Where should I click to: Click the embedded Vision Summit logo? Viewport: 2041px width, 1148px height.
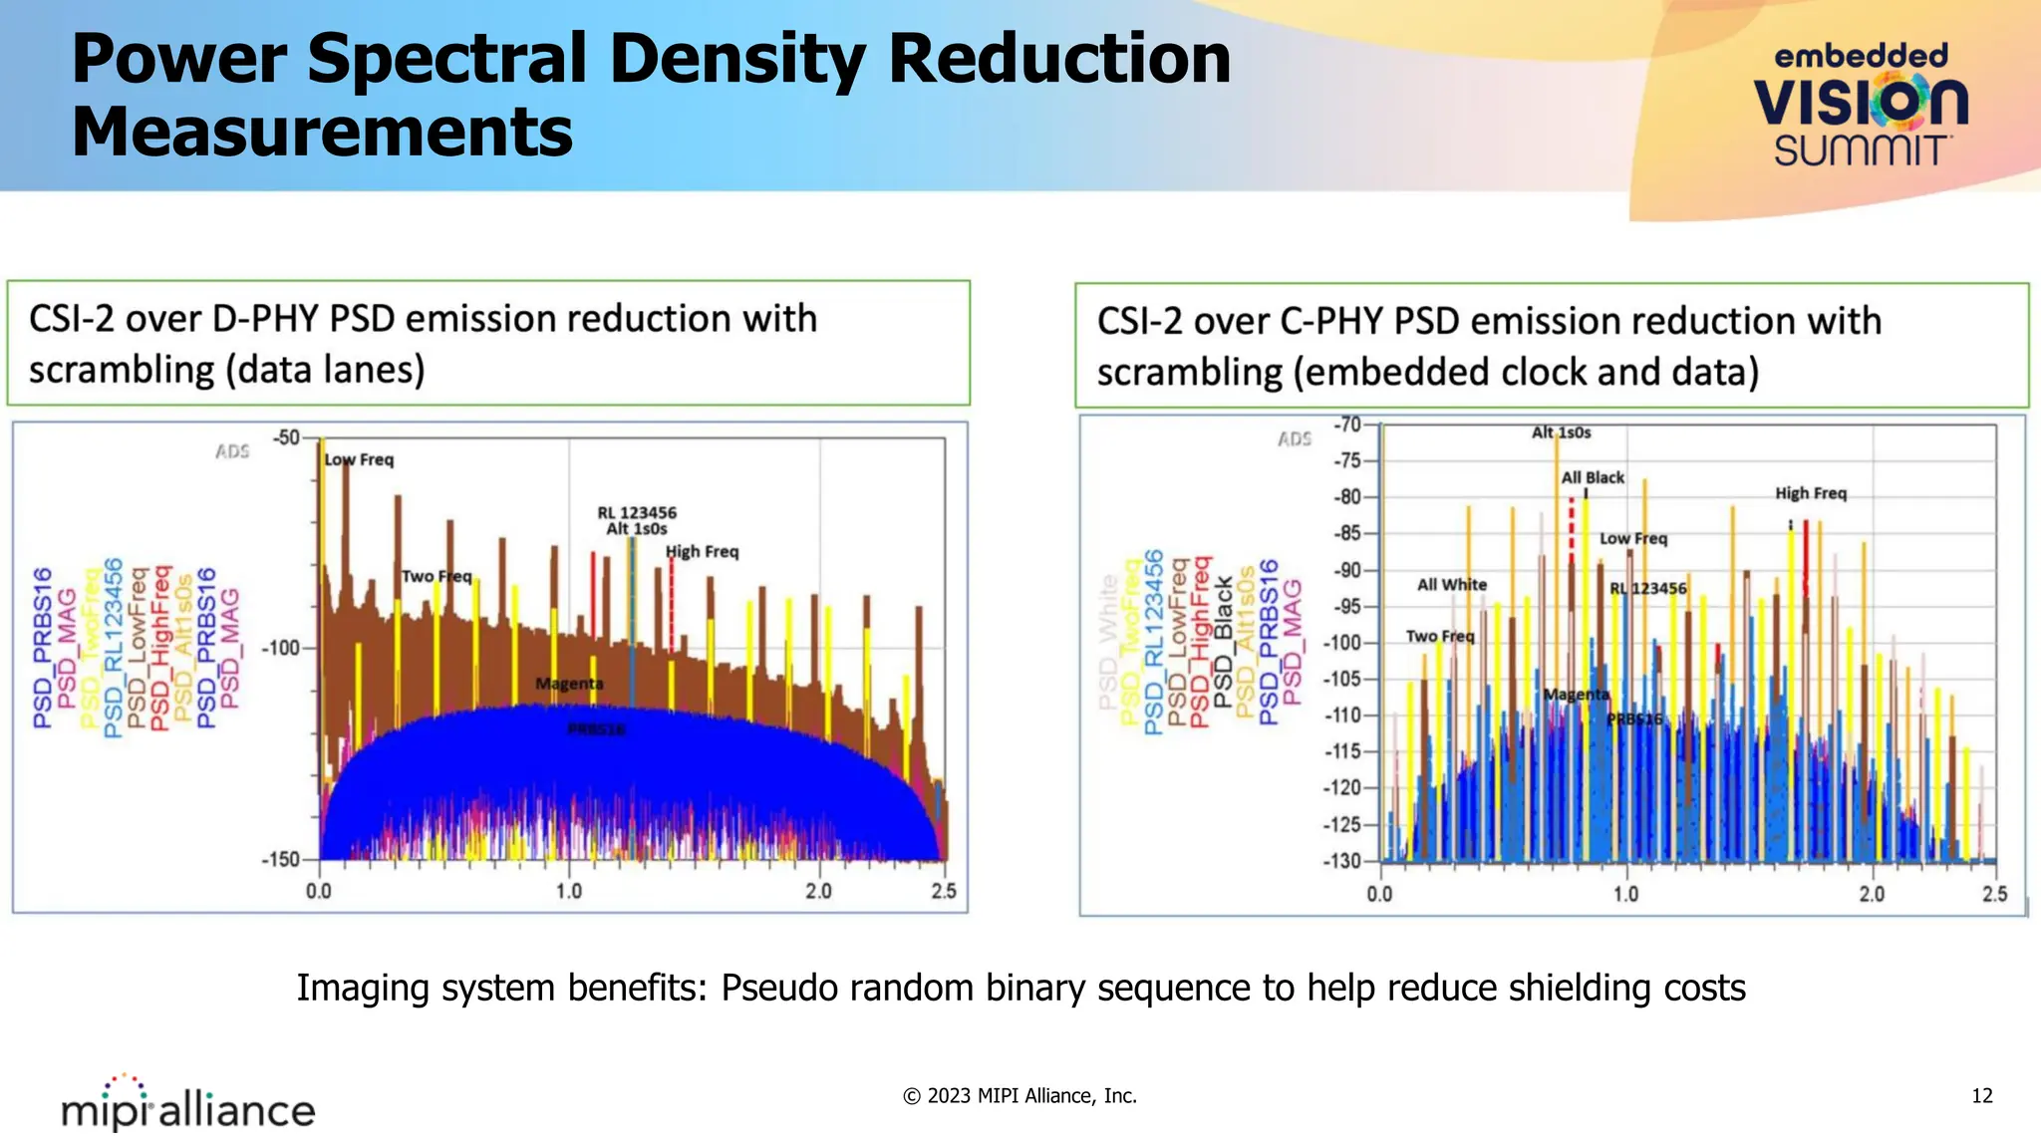(1861, 105)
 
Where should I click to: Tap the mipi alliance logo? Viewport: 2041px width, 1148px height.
(188, 1105)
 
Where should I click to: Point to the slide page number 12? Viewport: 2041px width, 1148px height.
(1981, 1096)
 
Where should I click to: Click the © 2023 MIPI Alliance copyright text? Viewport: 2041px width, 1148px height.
(1020, 1096)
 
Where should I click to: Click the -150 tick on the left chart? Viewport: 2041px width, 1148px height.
(280, 859)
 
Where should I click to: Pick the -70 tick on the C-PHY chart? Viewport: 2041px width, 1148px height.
(1348, 425)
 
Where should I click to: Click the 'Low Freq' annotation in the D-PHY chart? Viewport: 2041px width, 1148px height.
(360, 459)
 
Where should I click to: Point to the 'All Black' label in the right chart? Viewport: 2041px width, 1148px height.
(1593, 477)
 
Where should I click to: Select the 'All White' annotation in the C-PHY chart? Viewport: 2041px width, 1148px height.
(1452, 585)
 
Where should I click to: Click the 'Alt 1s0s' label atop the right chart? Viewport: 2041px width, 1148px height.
(1561, 432)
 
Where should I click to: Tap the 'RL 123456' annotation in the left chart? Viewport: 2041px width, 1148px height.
(637, 512)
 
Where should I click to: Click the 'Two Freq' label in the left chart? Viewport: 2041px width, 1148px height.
(437, 576)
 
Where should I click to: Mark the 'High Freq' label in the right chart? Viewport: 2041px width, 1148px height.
(1811, 493)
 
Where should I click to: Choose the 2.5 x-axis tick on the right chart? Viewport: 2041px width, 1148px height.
(1994, 894)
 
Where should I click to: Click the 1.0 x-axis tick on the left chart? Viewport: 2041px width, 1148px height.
(569, 891)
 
